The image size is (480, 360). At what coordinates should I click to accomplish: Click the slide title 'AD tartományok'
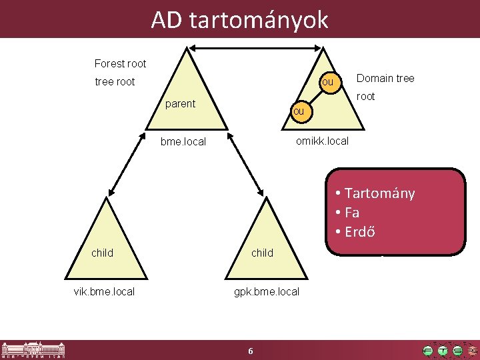coord(239,20)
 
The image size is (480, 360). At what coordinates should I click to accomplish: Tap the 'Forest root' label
coord(120,64)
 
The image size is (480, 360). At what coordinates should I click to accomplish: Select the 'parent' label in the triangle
coord(180,104)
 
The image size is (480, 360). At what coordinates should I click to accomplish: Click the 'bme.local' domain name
coord(183,142)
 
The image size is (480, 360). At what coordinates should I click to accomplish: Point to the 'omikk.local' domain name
coord(322,141)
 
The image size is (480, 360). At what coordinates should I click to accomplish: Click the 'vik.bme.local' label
coord(104,291)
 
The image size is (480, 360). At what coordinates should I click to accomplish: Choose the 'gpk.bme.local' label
coord(266,291)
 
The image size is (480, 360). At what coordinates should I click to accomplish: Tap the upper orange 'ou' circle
coord(327,82)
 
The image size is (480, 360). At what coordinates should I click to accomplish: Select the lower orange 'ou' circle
coord(298,111)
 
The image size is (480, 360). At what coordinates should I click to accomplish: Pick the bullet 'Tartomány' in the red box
coord(379,193)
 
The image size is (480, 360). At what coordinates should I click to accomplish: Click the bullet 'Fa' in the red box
coord(352,213)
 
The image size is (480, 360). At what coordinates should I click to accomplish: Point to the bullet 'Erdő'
coord(359,232)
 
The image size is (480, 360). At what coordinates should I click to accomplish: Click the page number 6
coord(250,351)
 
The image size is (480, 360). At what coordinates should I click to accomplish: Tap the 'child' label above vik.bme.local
coord(103,253)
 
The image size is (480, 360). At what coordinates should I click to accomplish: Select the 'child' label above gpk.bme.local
coord(262,253)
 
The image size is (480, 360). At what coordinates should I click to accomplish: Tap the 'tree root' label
coord(115,82)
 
